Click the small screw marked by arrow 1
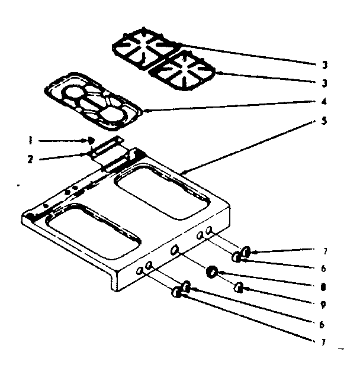pyautogui.click(x=91, y=140)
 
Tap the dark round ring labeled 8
pyautogui.click(x=210, y=272)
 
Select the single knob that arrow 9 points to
pyautogui.click(x=240, y=287)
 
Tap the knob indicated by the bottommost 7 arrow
pyautogui.click(x=177, y=293)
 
